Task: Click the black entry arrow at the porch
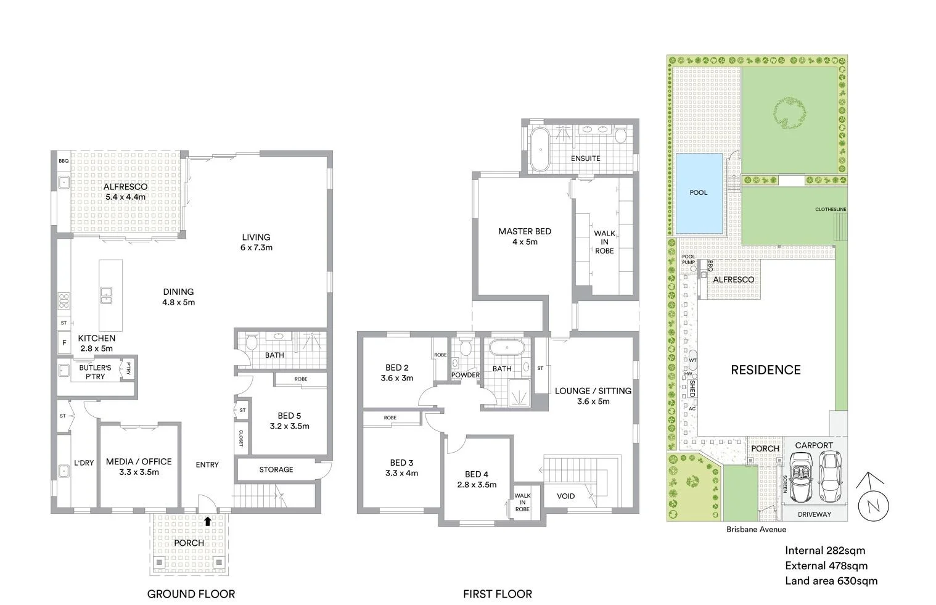(208, 521)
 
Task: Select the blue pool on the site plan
(699, 193)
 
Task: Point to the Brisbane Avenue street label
(756, 529)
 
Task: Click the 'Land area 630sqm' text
(831, 580)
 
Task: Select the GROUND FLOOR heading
(191, 594)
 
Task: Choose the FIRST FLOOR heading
(497, 594)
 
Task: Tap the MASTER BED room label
(525, 231)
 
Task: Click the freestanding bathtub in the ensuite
(541, 149)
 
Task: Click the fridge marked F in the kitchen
(64, 343)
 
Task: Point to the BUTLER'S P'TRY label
(94, 372)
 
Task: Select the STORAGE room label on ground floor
(276, 469)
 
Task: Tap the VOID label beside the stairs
(565, 496)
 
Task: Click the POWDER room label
(466, 375)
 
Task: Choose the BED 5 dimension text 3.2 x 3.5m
(289, 426)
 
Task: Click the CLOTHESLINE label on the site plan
(831, 210)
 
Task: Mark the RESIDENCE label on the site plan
(765, 369)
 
